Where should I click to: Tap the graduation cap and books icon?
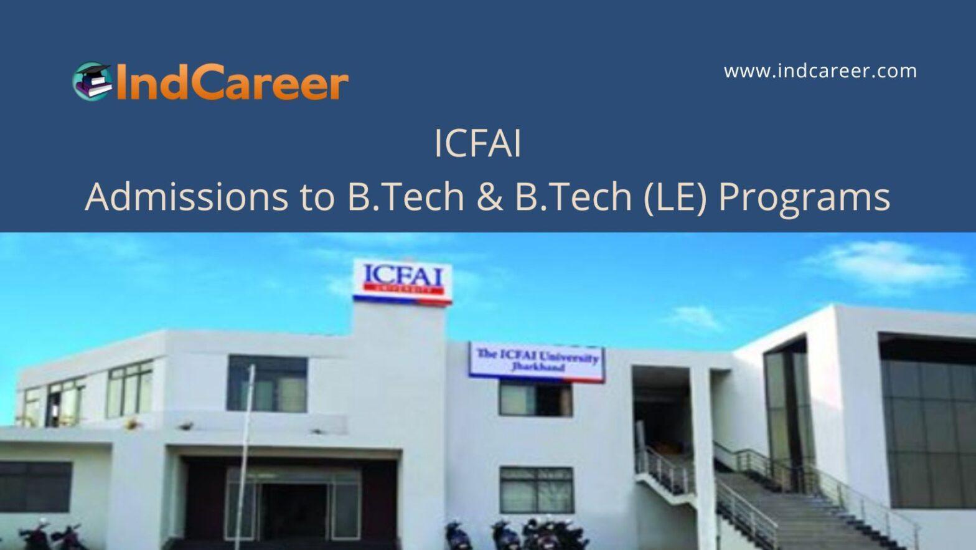click(x=92, y=81)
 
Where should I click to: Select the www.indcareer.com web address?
click(x=820, y=71)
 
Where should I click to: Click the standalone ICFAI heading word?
click(x=477, y=144)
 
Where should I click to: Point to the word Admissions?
click(x=187, y=197)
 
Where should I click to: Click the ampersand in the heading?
click(x=490, y=197)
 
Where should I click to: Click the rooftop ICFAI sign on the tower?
click(x=403, y=282)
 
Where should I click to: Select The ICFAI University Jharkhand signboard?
click(x=537, y=362)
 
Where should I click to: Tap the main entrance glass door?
click(x=293, y=505)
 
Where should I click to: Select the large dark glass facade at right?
click(x=928, y=421)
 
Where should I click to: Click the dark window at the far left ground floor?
click(x=35, y=486)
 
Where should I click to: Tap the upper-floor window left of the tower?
click(x=266, y=384)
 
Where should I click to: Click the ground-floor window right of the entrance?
click(x=537, y=490)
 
